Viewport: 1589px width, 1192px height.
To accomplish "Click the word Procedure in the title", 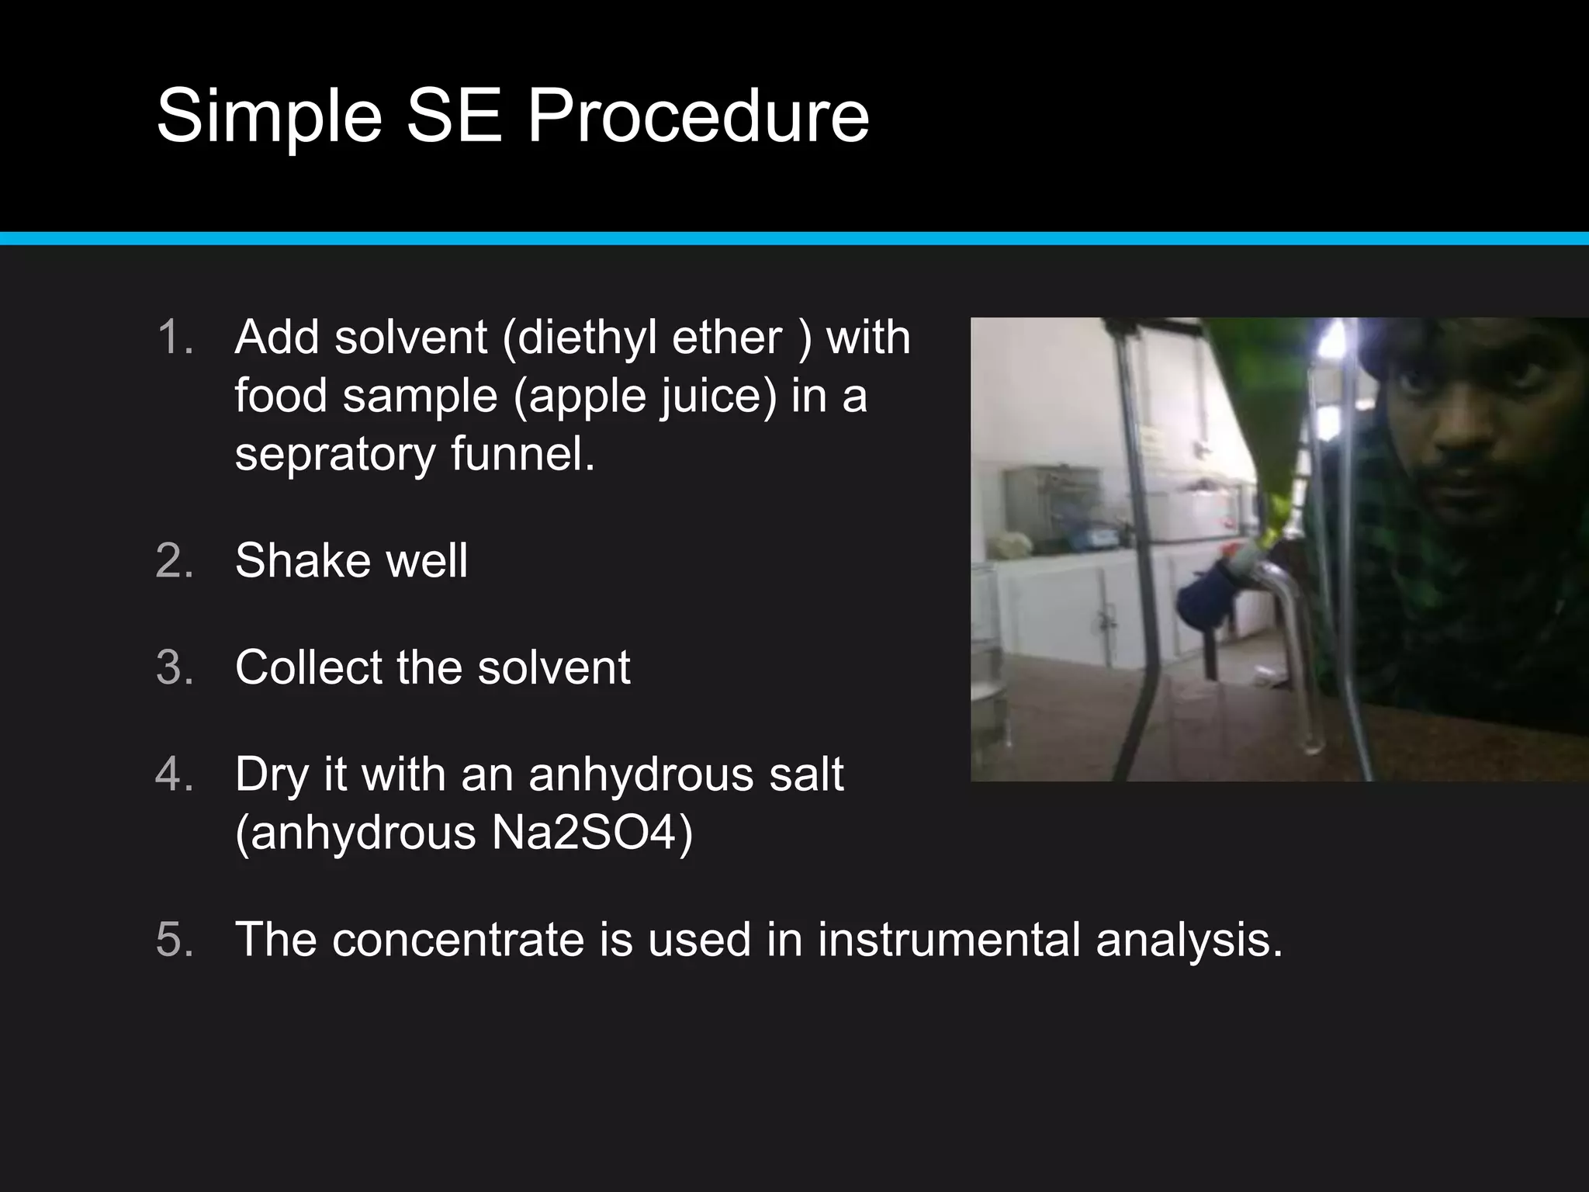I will [x=698, y=116].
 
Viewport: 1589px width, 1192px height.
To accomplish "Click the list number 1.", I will [x=174, y=338].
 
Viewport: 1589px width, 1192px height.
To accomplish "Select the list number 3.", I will [x=174, y=667].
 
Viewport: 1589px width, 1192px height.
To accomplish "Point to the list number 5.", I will [x=174, y=940].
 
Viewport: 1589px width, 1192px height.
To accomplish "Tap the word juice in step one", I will [x=718, y=396].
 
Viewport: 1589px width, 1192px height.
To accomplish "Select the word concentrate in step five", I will [x=458, y=940].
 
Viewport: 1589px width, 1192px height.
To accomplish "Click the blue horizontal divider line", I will [x=794, y=238].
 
